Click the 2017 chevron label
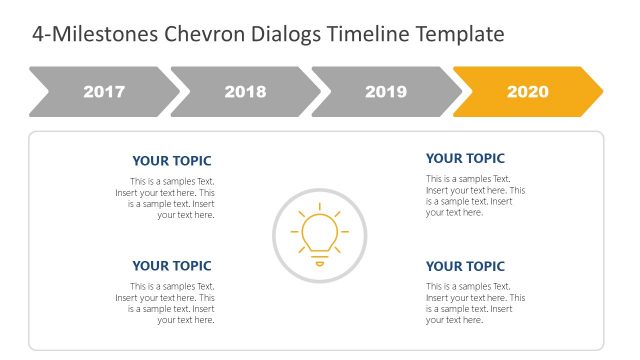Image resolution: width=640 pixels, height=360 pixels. [104, 92]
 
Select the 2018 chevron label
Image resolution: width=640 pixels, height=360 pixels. [245, 92]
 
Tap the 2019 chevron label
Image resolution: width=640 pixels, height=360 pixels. [386, 92]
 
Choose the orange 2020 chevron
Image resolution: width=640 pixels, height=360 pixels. [527, 92]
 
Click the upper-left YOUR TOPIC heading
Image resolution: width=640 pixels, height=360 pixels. [172, 161]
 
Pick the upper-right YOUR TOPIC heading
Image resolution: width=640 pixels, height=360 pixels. [466, 158]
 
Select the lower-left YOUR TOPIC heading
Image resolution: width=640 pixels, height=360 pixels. [172, 266]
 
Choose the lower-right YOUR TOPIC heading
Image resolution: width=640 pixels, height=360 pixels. [466, 266]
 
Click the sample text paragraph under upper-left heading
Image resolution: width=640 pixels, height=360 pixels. [165, 198]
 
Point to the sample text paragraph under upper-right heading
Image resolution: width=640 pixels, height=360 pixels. [475, 195]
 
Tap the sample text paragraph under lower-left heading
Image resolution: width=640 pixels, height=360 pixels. [165, 303]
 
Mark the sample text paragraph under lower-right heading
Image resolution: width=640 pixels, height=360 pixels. [475, 303]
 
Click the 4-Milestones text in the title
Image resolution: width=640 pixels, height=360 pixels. [79, 34]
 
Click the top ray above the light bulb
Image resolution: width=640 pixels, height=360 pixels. [320, 207]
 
